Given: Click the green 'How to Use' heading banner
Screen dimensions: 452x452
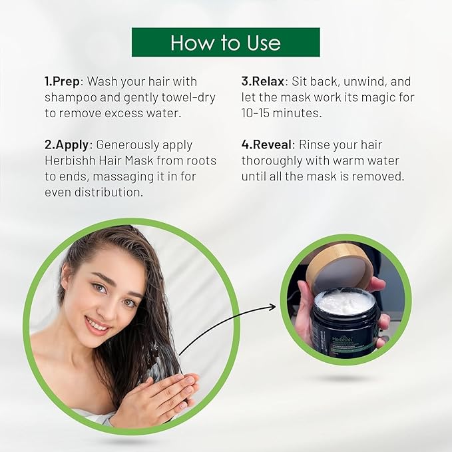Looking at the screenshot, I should pos(226,42).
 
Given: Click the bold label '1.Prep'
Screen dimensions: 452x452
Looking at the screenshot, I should pos(63,81).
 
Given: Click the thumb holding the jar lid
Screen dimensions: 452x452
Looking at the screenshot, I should pos(377,285).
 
